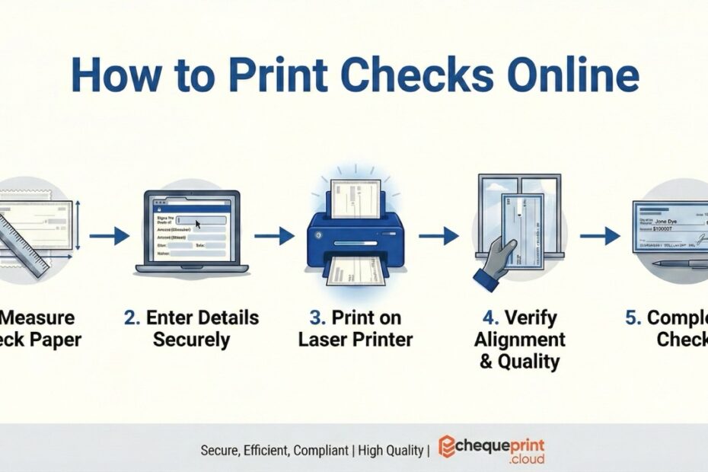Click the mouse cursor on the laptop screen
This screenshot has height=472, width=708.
197,225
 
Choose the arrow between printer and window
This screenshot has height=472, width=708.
439,237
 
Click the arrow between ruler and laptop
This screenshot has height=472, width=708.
109,237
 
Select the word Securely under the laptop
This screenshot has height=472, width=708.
191,339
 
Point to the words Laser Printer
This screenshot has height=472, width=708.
356,339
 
